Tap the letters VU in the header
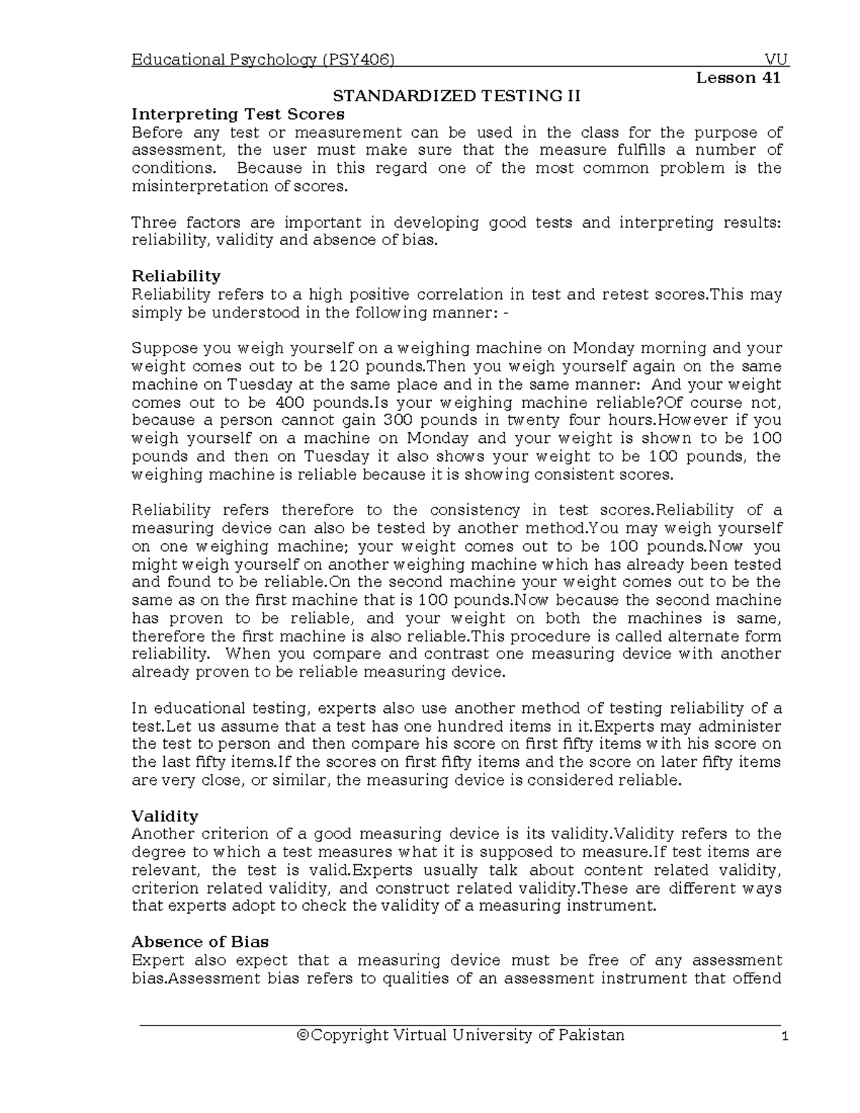tap(776, 60)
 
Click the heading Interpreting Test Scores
tap(238, 114)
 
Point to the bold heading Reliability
tap(176, 276)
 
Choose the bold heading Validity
tap(165, 816)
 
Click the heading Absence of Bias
tap(200, 942)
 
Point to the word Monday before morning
tap(603, 348)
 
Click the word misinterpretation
tap(190, 186)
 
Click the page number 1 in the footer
tap(785, 1036)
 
